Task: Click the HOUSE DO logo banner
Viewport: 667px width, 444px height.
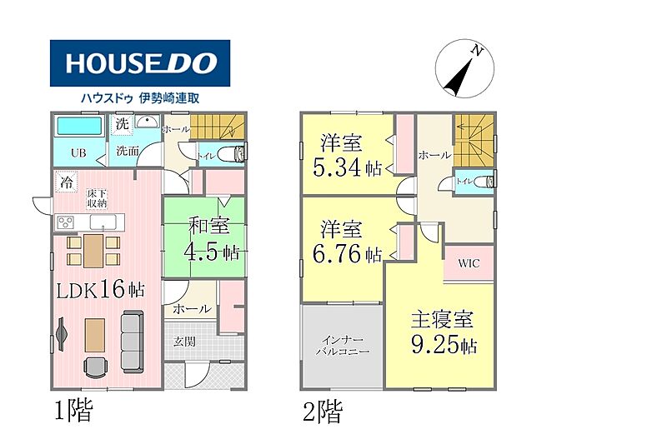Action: point(140,63)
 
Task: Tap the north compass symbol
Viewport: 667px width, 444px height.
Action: point(464,69)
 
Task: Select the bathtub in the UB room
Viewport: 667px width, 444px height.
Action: point(79,126)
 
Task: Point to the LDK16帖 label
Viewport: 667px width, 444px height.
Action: point(100,290)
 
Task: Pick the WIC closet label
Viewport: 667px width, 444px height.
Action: point(469,263)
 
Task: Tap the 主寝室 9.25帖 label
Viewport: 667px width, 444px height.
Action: point(444,332)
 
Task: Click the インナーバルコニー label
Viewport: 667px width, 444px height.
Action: point(343,346)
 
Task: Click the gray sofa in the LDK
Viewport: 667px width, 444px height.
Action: point(133,342)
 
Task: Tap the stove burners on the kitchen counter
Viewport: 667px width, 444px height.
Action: point(66,222)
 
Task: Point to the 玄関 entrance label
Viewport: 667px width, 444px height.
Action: point(184,342)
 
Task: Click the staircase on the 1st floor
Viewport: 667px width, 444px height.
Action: point(218,127)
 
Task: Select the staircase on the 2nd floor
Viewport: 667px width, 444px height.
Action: point(474,140)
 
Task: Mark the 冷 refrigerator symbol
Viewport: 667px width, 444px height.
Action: point(66,182)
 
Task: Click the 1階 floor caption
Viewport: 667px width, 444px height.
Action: point(73,411)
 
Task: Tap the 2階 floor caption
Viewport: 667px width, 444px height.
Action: point(323,412)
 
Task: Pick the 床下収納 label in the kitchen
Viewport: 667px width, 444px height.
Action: point(97,199)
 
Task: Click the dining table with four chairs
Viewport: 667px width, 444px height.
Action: point(93,251)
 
